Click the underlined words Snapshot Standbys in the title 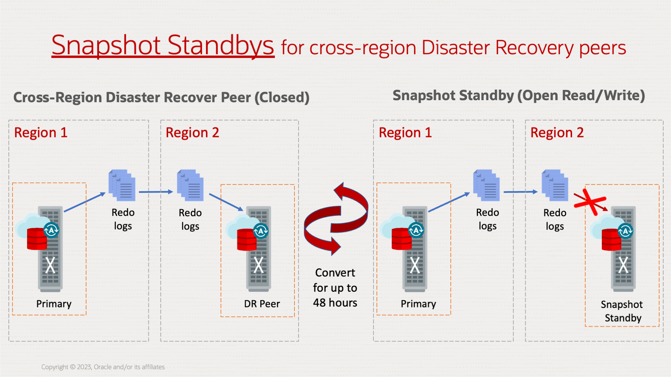[163, 45]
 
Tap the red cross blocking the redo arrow [591, 202]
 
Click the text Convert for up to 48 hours [335, 288]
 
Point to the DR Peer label [262, 304]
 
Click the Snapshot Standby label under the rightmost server [622, 311]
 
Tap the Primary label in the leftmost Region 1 [54, 304]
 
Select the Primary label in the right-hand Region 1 [418, 304]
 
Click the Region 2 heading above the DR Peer [192, 133]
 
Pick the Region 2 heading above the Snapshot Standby [557, 133]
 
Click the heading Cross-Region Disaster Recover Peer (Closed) [161, 97]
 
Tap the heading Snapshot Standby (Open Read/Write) [518, 96]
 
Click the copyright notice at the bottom [103, 367]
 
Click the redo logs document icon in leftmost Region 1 [122, 186]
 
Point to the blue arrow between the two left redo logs [156, 192]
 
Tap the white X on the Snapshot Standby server [623, 265]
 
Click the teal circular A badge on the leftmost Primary [52, 230]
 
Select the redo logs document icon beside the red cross [555, 186]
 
